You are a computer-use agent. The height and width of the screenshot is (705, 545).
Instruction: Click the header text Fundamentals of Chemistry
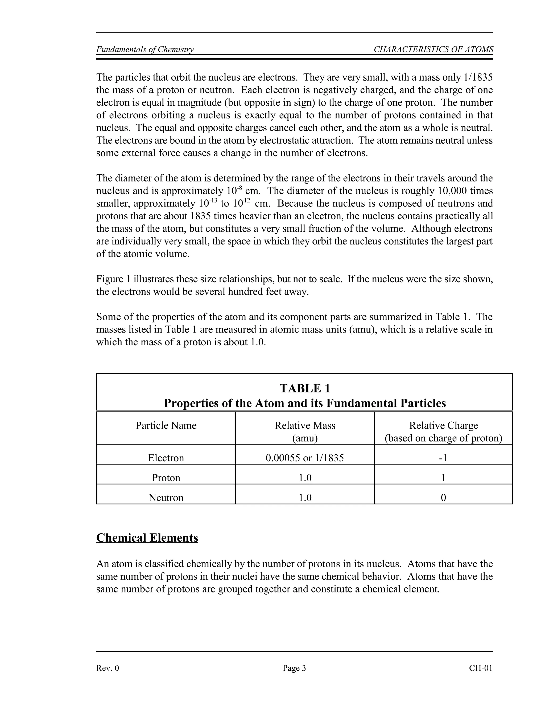click(x=145, y=49)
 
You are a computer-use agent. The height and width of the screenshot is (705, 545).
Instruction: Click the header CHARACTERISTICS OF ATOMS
click(x=433, y=49)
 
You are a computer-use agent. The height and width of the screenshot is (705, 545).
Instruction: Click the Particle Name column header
click(x=166, y=425)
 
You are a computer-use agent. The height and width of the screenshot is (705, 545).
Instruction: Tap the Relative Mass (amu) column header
click(x=305, y=431)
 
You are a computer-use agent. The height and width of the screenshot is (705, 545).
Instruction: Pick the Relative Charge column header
click(x=443, y=431)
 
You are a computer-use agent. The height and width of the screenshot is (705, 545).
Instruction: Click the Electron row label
click(x=166, y=458)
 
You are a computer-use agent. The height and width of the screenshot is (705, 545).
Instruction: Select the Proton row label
click(x=166, y=478)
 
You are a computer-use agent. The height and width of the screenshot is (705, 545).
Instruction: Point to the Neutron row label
click(x=166, y=497)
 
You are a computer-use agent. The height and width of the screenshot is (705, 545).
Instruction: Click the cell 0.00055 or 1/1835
click(x=305, y=458)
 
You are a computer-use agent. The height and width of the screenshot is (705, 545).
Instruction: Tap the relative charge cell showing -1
click(x=443, y=458)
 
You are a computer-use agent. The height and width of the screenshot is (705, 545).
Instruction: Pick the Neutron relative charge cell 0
click(x=443, y=497)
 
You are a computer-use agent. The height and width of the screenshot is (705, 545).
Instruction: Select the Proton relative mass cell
click(x=305, y=478)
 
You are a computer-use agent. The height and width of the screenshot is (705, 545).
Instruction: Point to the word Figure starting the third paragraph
click(x=110, y=279)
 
